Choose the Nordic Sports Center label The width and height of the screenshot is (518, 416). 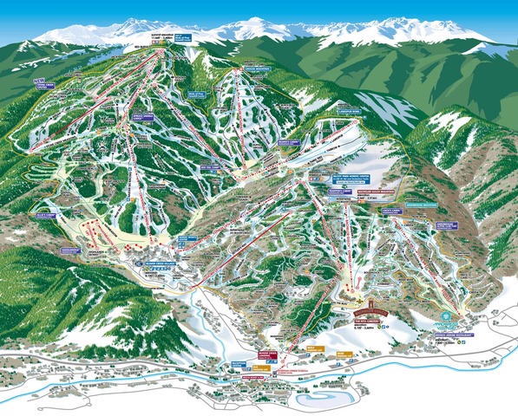[188, 238]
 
